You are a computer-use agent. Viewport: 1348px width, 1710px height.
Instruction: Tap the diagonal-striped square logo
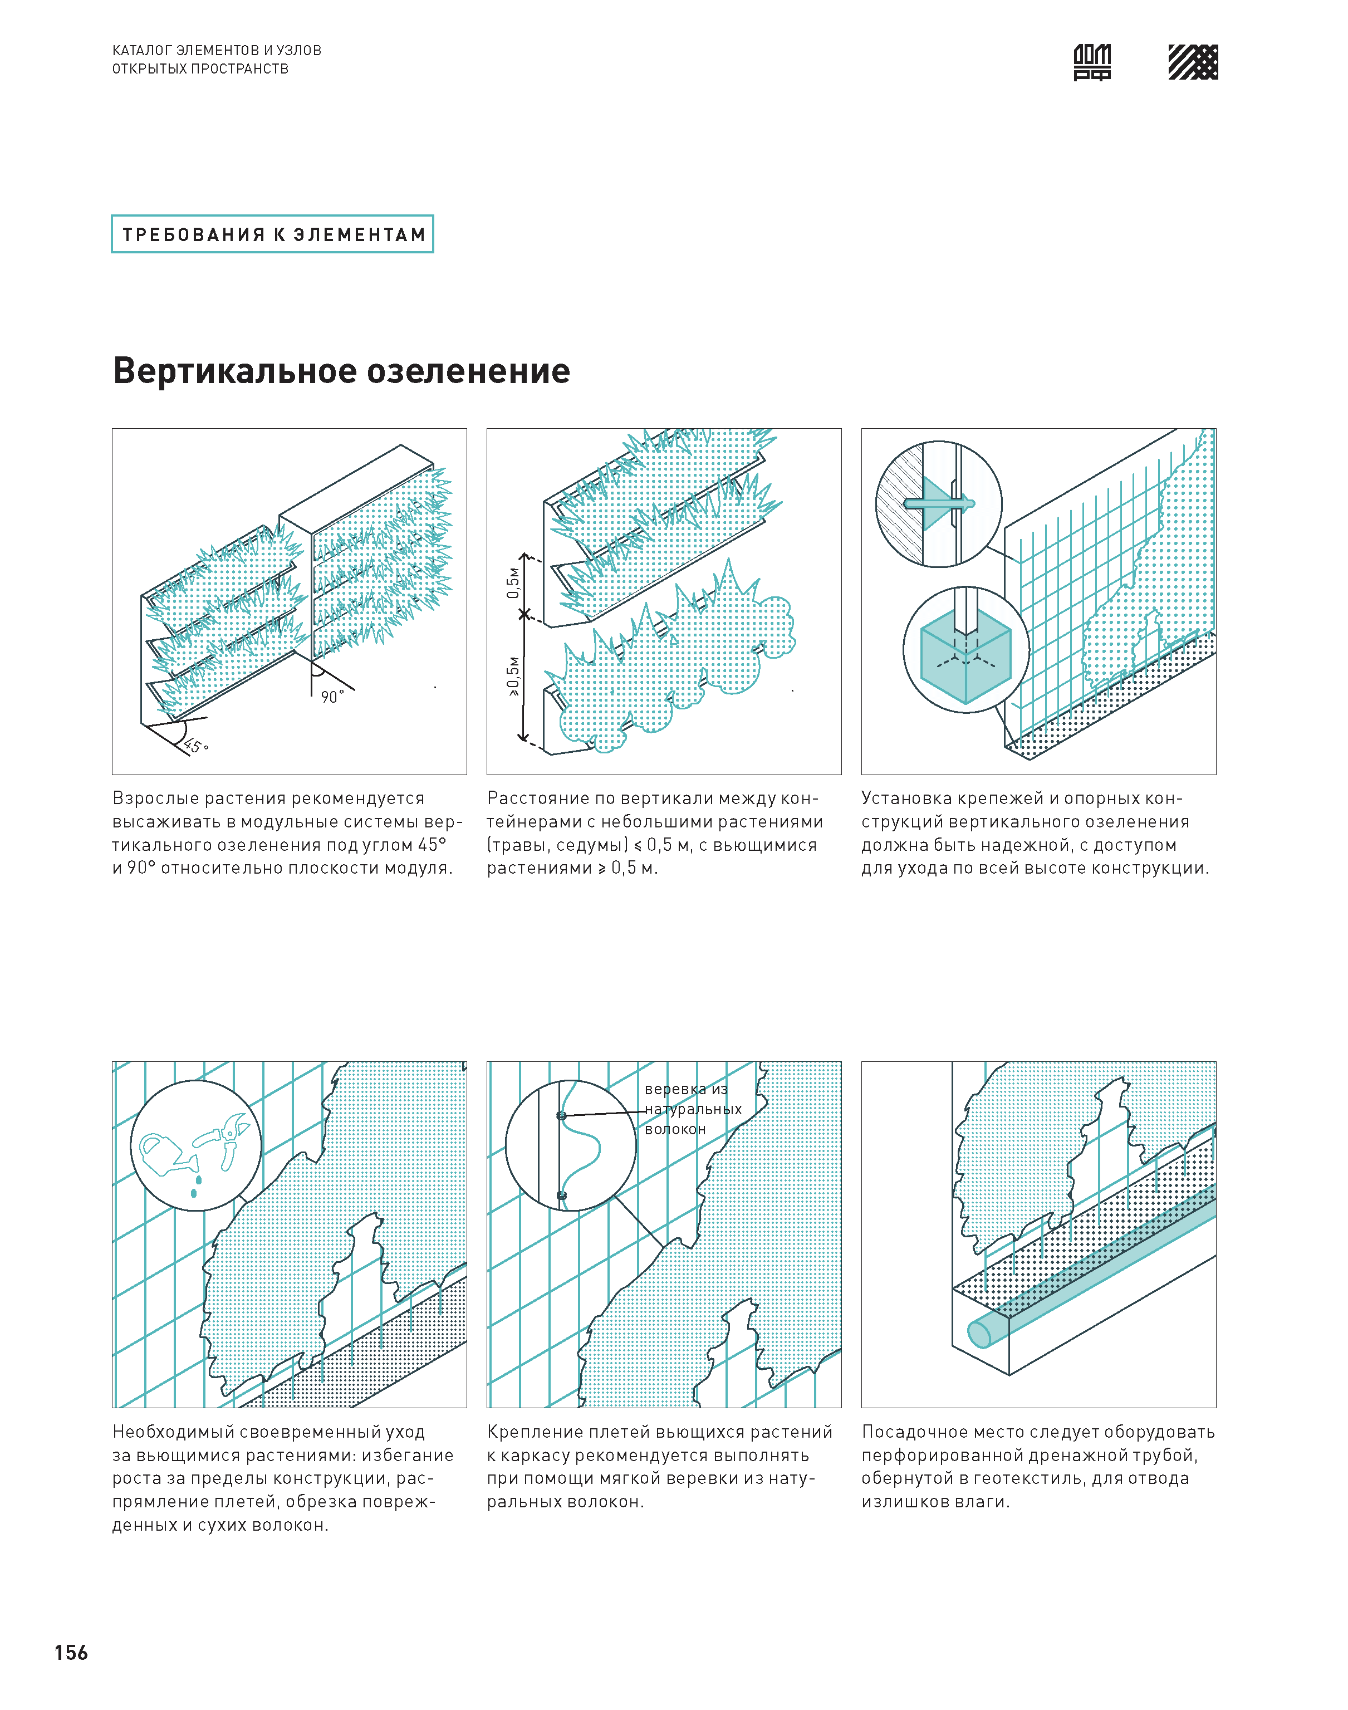coord(1193,62)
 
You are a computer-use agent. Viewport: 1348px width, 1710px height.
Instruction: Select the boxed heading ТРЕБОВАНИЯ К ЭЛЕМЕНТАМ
coord(272,234)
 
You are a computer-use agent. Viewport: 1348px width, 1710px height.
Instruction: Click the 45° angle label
coord(195,746)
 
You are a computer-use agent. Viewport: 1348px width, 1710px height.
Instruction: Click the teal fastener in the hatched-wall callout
coord(939,503)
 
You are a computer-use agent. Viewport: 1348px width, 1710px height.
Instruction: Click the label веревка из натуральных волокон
coord(692,1109)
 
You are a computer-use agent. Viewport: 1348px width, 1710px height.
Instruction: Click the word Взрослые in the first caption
coord(155,798)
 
